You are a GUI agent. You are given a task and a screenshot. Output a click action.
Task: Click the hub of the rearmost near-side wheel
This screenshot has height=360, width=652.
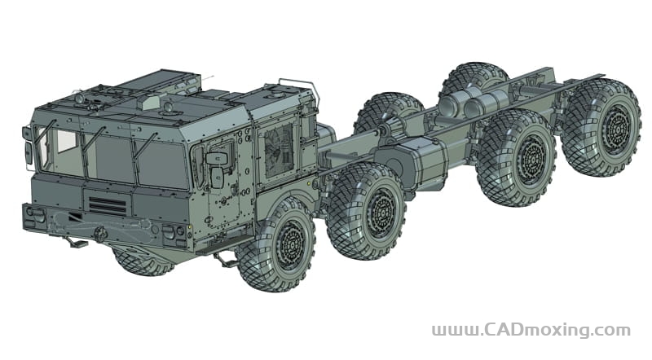[616, 127]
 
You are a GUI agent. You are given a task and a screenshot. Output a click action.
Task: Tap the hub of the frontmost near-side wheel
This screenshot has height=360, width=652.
[291, 245]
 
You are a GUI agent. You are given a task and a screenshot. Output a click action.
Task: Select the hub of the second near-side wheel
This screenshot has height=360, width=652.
[382, 211]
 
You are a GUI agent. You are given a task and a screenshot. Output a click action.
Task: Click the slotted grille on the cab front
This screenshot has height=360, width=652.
[108, 206]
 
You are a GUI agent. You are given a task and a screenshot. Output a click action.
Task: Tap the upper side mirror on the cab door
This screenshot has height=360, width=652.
[217, 158]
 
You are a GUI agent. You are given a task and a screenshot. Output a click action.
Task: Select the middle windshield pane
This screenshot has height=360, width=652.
[109, 157]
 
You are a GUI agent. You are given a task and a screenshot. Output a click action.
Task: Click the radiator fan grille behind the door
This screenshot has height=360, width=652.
[279, 151]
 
